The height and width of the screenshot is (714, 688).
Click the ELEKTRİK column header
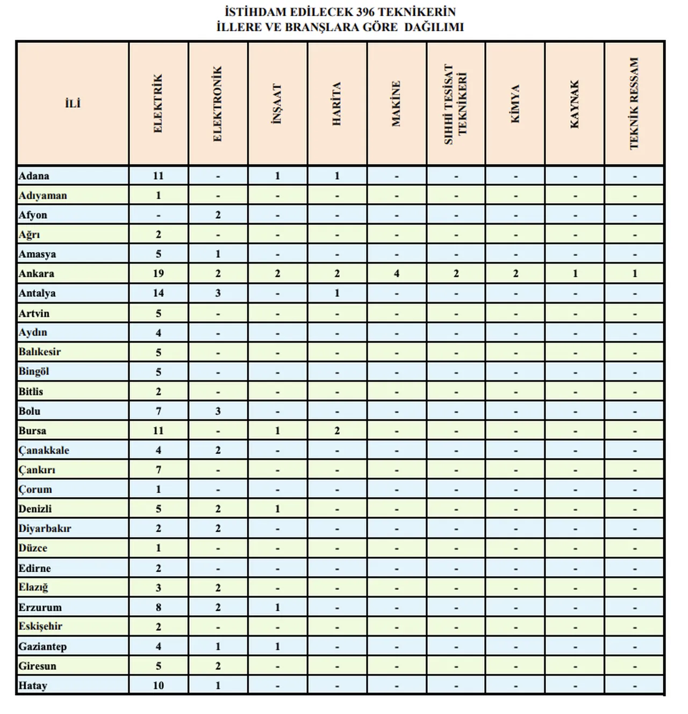coord(158,104)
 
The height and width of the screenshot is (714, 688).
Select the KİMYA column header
coord(515,104)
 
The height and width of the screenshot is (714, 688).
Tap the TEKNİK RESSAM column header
coord(634,104)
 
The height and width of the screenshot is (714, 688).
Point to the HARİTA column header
coord(337,104)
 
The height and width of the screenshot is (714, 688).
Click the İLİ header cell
coord(73,104)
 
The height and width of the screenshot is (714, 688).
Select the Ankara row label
coord(37,273)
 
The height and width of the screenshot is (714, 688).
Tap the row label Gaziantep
coord(42,646)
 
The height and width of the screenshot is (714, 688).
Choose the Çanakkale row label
coord(44,450)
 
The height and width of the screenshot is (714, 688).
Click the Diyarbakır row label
coord(45,528)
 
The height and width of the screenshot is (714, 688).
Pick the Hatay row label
coord(33,686)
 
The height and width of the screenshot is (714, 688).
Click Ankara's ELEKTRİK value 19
coord(158,273)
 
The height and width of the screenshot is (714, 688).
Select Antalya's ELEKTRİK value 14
coord(158,293)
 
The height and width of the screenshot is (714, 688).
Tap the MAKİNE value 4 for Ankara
coord(397,273)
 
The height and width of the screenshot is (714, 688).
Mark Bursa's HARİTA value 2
coord(337,430)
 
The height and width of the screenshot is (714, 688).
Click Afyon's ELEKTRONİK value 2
coord(218,215)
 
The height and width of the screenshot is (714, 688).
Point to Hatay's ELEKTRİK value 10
coord(158,686)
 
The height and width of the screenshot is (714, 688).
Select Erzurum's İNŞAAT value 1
coord(277,607)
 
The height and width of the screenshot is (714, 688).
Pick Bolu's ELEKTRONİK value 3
coord(218,411)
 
